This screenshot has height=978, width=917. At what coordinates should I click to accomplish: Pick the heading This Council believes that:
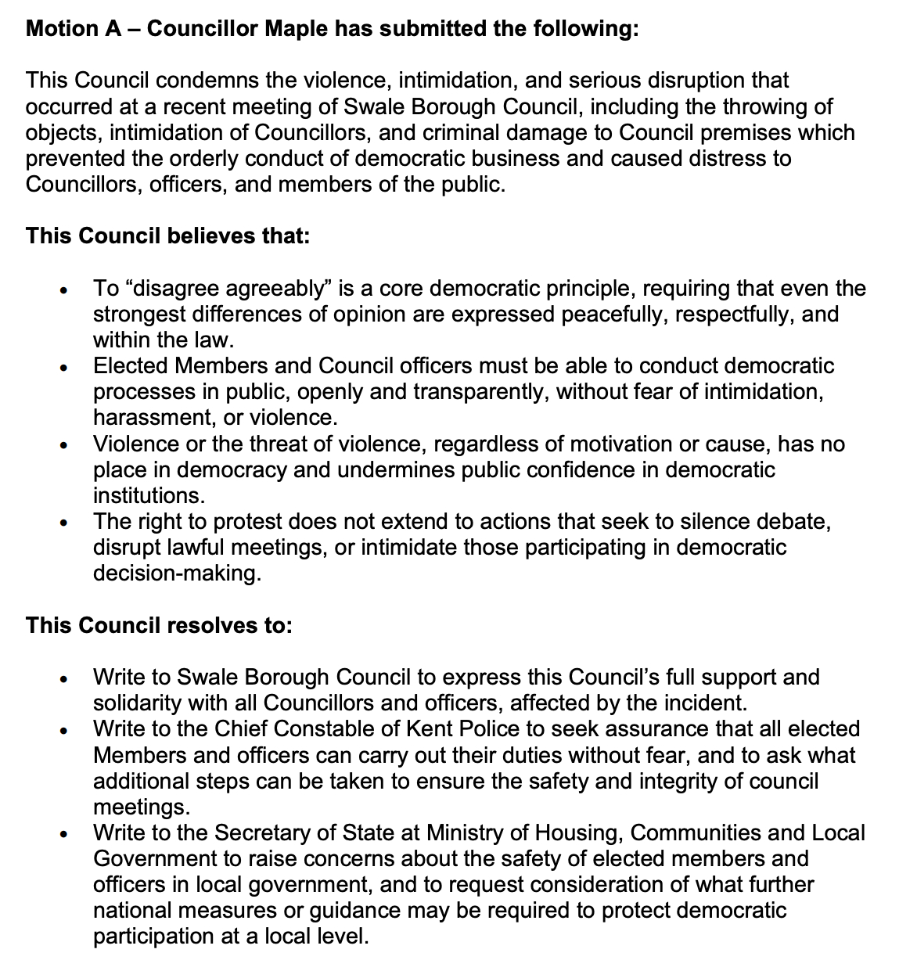pyautogui.click(x=168, y=236)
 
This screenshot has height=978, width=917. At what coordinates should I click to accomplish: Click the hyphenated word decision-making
pyautogui.click(x=176, y=573)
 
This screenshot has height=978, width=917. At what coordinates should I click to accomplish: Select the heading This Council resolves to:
pyautogui.click(x=160, y=626)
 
